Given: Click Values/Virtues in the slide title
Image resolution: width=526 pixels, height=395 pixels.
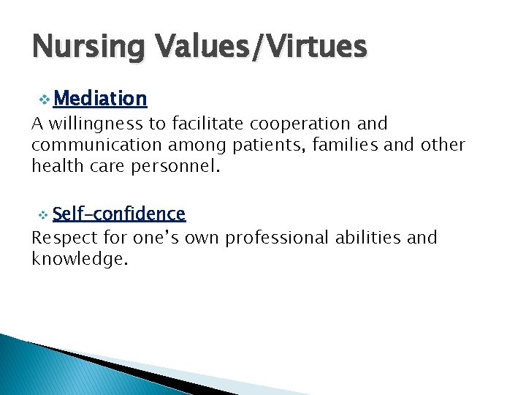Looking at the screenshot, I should [258, 48].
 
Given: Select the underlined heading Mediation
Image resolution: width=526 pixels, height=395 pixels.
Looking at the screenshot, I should [100, 98].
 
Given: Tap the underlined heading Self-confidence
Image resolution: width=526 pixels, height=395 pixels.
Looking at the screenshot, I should [119, 214].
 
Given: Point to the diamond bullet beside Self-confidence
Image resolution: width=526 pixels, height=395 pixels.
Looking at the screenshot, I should [43, 214].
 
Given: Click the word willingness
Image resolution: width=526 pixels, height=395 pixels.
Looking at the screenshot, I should [92, 124].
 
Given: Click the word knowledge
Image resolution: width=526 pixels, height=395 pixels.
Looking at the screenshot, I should [79, 258].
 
